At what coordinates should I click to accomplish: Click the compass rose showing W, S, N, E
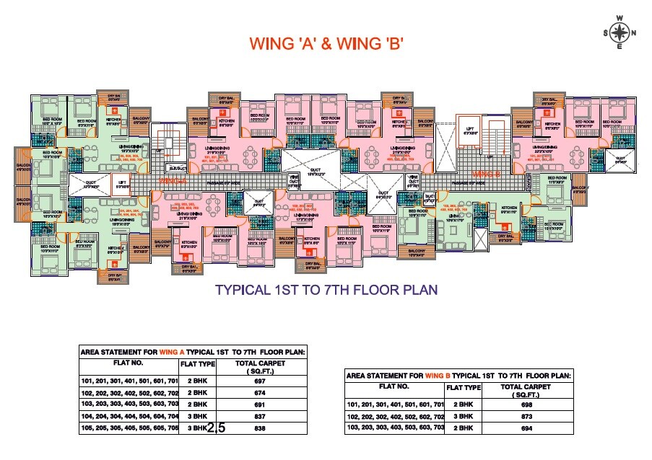pos(620,32)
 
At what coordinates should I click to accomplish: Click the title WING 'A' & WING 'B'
pos(325,43)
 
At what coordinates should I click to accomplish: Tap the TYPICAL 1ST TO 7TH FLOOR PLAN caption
pos(326,291)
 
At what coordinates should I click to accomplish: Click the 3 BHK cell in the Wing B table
pos(463,417)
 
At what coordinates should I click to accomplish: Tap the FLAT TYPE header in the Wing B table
pos(463,387)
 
